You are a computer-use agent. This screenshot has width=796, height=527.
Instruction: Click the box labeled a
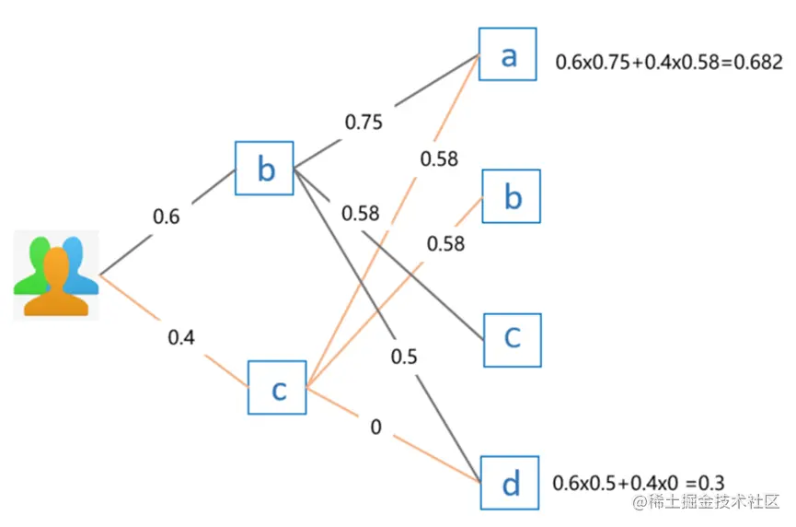[x=509, y=56]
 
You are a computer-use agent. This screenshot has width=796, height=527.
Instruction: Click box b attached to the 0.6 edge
[x=265, y=169]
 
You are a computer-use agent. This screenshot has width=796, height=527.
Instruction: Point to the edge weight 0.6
[x=167, y=217]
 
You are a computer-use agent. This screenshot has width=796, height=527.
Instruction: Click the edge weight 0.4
[x=181, y=337]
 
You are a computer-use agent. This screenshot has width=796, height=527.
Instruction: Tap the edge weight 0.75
[x=363, y=122]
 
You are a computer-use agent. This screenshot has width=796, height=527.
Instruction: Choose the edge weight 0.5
[x=403, y=357]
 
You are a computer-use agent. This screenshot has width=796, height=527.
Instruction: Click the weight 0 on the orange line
[x=375, y=428]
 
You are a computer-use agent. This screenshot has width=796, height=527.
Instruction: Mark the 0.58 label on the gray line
[x=360, y=214]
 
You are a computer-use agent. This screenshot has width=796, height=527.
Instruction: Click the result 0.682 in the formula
[x=759, y=63]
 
